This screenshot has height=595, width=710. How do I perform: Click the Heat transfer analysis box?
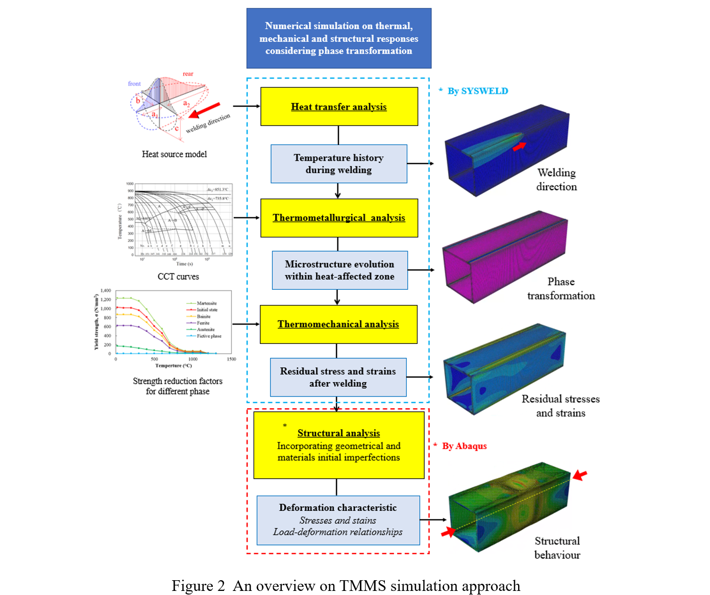(x=339, y=107)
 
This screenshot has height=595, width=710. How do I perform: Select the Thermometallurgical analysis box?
(x=339, y=218)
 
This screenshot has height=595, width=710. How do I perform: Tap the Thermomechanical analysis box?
(x=338, y=324)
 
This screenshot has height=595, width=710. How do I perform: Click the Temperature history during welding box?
(x=339, y=164)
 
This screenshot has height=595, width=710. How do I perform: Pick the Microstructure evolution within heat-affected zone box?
(x=339, y=270)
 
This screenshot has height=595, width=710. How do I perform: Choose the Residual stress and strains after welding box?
(x=338, y=377)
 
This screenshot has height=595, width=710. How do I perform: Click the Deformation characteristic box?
(x=338, y=520)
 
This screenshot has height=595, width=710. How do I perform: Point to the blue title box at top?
(x=339, y=38)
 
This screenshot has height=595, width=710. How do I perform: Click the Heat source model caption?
(x=174, y=154)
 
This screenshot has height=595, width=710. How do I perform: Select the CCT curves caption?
(x=178, y=277)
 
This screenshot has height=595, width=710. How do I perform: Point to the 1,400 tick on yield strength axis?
(x=106, y=290)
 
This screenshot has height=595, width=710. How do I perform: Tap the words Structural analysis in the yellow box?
(x=338, y=433)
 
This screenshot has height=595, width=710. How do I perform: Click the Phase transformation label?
(x=561, y=289)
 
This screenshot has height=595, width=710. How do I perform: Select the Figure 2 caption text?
(x=346, y=585)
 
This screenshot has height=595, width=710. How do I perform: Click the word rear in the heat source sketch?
(x=188, y=74)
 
